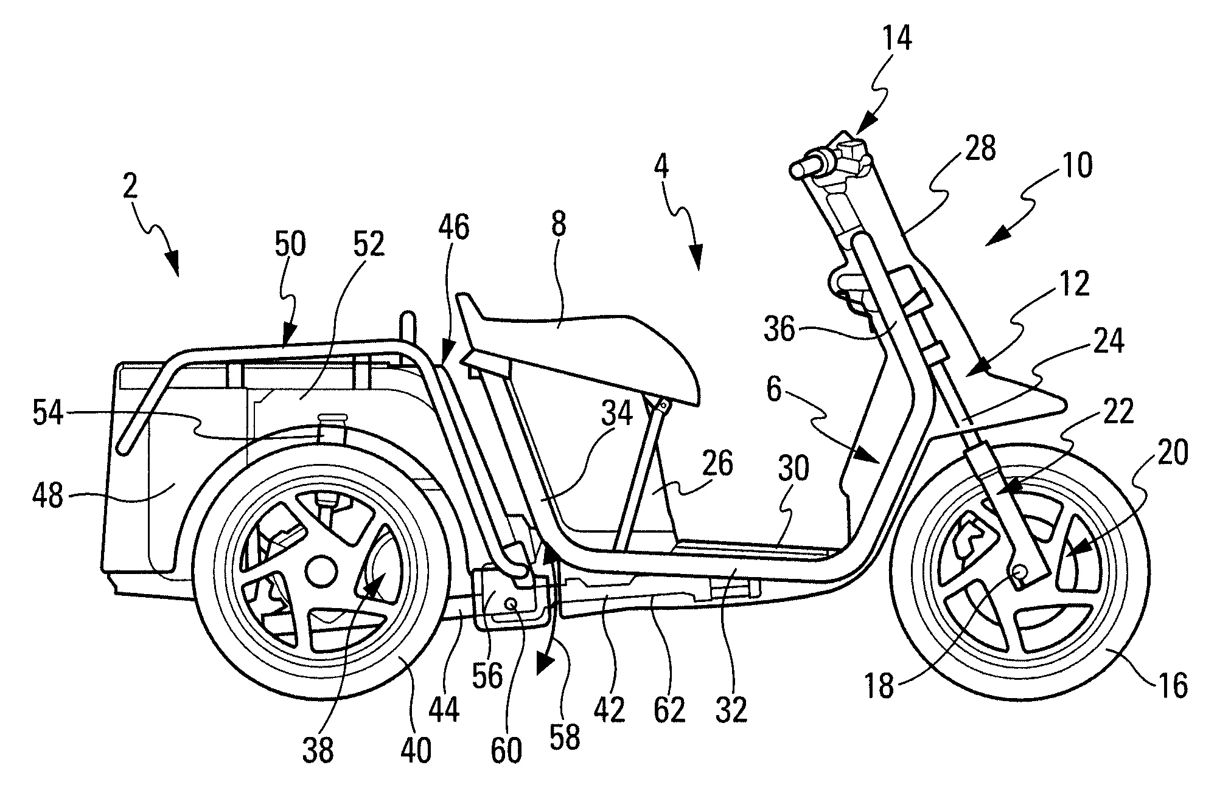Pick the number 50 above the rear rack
click(x=290, y=245)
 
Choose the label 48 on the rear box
click(x=48, y=496)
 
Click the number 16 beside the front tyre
click(x=1173, y=686)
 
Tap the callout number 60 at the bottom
click(x=506, y=751)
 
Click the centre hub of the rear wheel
click(x=321, y=571)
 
